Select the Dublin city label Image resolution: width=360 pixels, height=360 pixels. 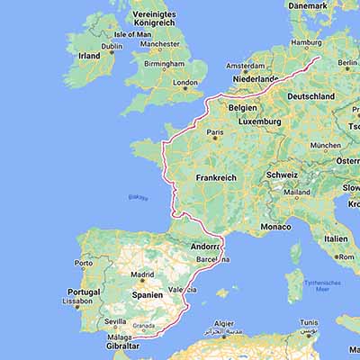click(x=112, y=46)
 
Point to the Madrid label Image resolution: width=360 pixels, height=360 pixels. click(x=142, y=275)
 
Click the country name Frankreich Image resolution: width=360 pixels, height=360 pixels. click(x=216, y=178)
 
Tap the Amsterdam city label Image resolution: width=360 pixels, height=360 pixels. click(x=245, y=66)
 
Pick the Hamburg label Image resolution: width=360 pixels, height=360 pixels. click(x=307, y=41)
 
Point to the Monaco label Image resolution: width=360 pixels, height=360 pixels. click(x=275, y=227)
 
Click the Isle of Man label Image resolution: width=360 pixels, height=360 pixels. click(x=132, y=34)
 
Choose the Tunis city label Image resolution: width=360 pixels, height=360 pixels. click(x=309, y=321)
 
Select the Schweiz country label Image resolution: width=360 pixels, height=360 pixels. click(x=282, y=175)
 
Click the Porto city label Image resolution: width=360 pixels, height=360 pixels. click(x=84, y=264)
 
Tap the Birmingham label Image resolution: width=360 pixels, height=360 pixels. click(x=163, y=64)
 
